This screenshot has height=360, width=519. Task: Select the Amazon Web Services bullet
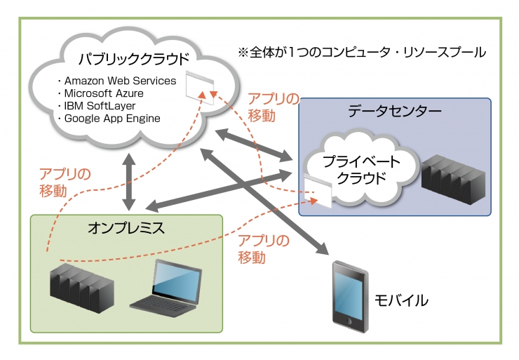(x=120, y=81)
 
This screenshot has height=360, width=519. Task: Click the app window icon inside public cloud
(x=201, y=84)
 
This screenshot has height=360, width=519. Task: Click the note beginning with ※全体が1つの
(x=362, y=53)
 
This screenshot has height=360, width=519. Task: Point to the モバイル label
(x=403, y=300)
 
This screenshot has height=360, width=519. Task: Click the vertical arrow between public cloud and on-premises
(x=129, y=181)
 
